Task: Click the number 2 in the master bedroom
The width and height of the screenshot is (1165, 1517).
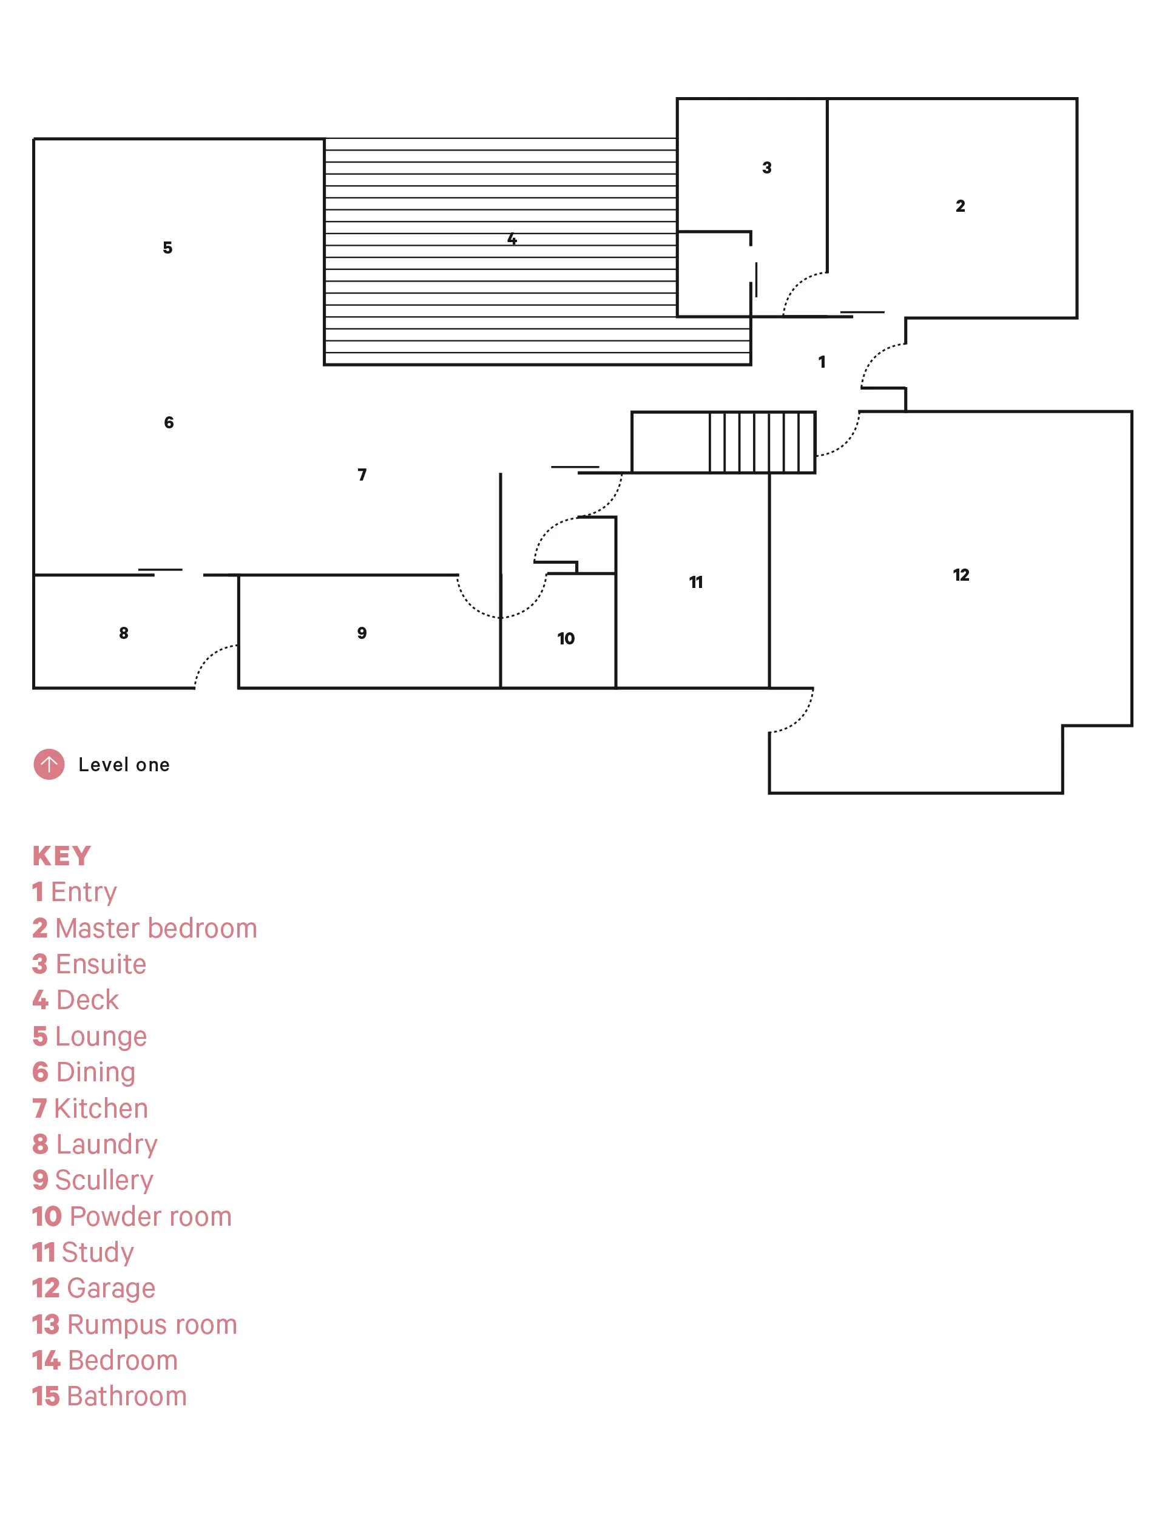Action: (960, 206)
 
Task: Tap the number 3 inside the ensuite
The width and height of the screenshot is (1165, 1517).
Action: (766, 168)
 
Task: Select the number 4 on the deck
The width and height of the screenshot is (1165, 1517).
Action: (512, 239)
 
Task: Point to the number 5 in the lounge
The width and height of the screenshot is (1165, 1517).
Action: (167, 248)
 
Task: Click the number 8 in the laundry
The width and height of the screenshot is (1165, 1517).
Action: (123, 633)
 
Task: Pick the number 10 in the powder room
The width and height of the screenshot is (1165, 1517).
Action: (566, 638)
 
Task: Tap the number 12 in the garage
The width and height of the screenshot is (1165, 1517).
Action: (961, 575)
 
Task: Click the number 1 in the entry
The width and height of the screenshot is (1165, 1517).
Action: (822, 362)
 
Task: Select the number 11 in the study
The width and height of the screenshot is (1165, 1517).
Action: (695, 583)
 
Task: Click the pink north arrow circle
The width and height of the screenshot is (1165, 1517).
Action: (49, 764)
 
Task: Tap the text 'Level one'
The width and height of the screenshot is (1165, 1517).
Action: (124, 765)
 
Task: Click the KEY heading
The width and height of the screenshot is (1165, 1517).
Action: (62, 856)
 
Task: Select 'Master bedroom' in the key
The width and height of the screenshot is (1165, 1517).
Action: (156, 928)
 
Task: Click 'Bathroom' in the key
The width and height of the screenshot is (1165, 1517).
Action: (127, 1396)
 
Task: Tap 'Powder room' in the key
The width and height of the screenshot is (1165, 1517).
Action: (150, 1216)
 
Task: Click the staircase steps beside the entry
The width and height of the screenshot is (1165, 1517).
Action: (762, 442)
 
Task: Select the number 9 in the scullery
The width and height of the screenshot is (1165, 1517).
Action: (362, 633)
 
